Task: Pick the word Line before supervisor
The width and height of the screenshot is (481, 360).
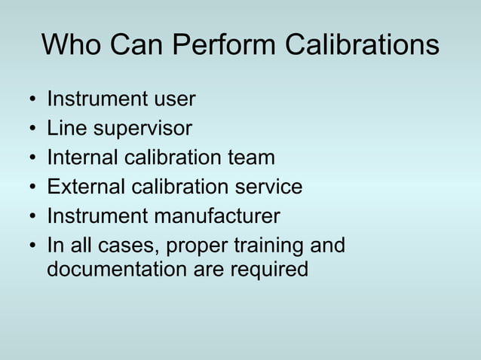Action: tap(67, 129)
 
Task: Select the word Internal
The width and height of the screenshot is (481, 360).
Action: tap(82, 158)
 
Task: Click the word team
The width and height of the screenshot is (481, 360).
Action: tap(252, 158)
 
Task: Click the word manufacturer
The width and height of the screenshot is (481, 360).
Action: tap(217, 216)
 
